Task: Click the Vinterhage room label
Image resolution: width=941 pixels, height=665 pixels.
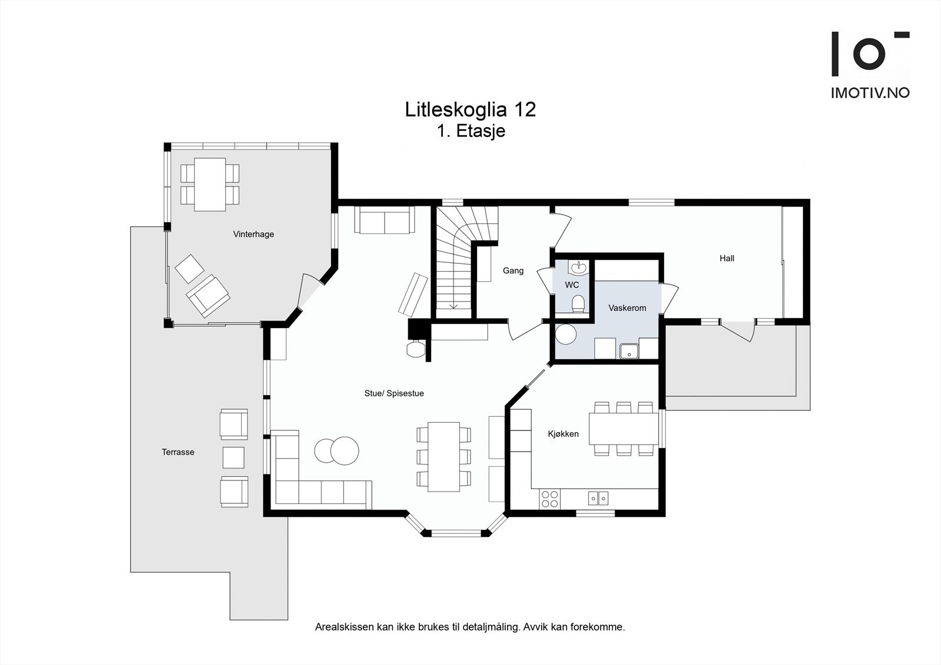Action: (x=253, y=234)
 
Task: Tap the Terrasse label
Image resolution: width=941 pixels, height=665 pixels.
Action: (x=178, y=452)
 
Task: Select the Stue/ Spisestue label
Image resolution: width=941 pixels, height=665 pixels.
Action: (x=394, y=393)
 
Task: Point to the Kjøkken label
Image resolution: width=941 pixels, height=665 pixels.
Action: (x=563, y=434)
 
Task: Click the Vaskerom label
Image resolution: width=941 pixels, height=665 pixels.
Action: (x=627, y=308)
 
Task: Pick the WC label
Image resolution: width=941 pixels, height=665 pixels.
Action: (x=572, y=285)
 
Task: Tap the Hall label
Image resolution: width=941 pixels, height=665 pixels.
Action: (x=726, y=258)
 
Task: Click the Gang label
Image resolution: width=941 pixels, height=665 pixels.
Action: (x=513, y=270)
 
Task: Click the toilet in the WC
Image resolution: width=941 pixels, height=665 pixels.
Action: (x=578, y=304)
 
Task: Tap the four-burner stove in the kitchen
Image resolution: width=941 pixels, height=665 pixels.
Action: (x=550, y=499)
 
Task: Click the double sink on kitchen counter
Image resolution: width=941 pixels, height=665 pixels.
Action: (x=598, y=499)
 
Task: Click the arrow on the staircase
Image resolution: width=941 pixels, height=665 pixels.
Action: (x=453, y=305)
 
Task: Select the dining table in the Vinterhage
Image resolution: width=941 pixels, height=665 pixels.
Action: (x=210, y=184)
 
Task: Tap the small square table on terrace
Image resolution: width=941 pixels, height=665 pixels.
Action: (x=233, y=457)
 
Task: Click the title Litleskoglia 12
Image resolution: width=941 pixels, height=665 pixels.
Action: (x=470, y=109)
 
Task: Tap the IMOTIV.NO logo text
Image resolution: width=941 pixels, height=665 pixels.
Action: (x=870, y=92)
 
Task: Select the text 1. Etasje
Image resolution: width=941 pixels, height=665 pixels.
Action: (x=471, y=131)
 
